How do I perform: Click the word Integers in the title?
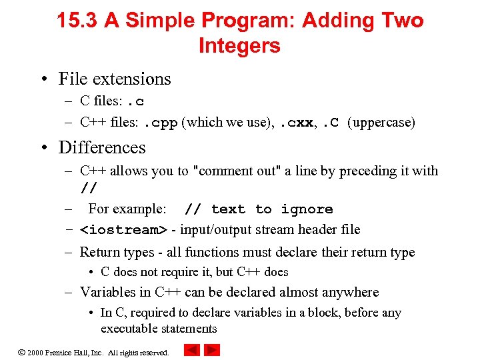pyautogui.click(x=239, y=46)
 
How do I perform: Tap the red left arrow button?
pyautogui.click(x=192, y=350)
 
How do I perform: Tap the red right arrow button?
pyautogui.click(x=212, y=350)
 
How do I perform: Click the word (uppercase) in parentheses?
pyautogui.click(x=381, y=123)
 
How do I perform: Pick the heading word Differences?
pyautogui.click(x=102, y=147)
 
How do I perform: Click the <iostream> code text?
pyautogui.click(x=123, y=230)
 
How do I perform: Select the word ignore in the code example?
pyautogui.click(x=307, y=209)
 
